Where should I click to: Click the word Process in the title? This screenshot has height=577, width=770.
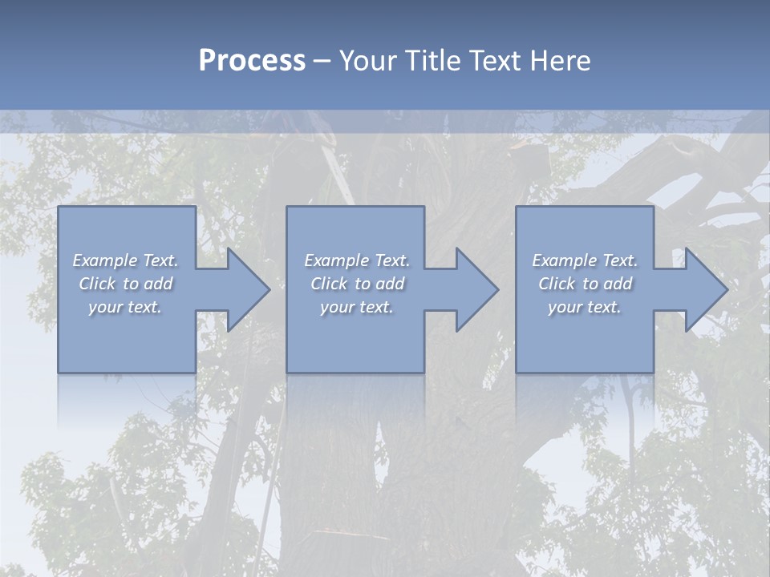(252, 61)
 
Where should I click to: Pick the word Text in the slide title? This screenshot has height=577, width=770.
(494, 61)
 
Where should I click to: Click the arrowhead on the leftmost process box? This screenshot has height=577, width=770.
(245, 289)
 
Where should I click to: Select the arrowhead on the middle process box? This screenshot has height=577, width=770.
(474, 289)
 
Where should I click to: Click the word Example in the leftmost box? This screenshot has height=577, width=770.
(105, 260)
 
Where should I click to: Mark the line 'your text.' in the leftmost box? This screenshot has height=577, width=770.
(125, 307)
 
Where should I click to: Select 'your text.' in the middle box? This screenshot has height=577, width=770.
(356, 307)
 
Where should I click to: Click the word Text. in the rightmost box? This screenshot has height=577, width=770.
(620, 260)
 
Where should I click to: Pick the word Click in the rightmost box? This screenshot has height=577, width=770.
(557, 284)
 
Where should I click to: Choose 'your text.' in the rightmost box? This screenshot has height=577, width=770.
(585, 307)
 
